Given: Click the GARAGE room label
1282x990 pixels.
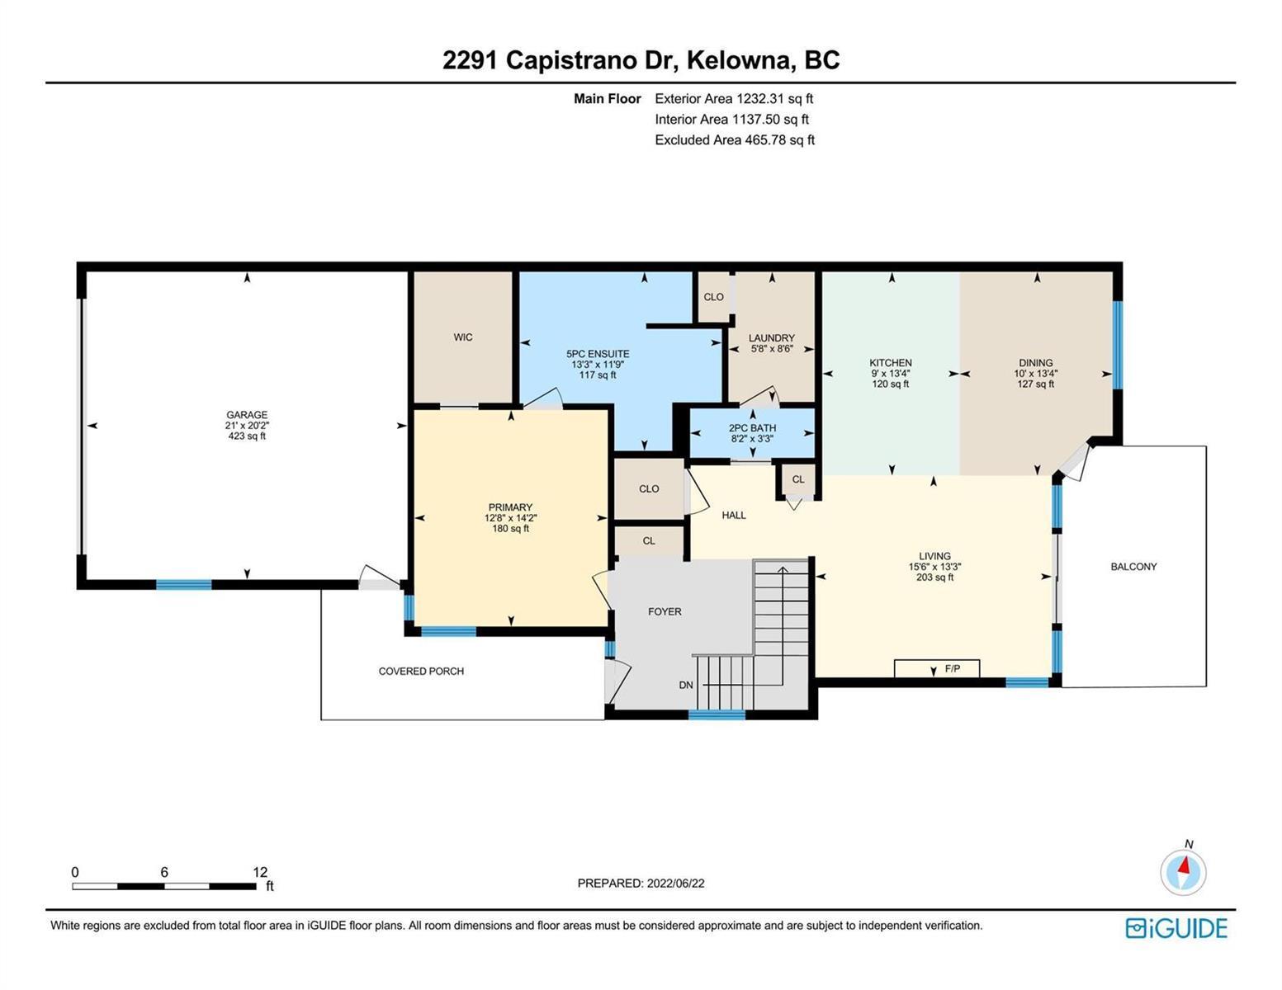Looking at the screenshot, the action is (x=247, y=414).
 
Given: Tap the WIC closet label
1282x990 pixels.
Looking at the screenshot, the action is (x=462, y=337).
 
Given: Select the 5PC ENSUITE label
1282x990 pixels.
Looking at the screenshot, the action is (x=598, y=354).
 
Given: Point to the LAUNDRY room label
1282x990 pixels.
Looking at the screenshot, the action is (x=771, y=338).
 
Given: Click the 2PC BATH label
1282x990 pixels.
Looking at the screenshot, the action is (x=752, y=428).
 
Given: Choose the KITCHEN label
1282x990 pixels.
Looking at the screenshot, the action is (x=890, y=363).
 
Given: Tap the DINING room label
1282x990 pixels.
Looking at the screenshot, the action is (x=1035, y=363).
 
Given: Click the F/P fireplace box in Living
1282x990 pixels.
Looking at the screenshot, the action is (x=937, y=668).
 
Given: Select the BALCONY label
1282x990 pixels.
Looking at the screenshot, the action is (x=1133, y=567).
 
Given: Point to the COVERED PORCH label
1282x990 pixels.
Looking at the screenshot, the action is (x=421, y=671).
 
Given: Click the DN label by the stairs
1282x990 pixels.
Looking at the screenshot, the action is (x=685, y=685).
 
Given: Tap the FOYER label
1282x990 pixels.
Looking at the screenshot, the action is (x=665, y=611).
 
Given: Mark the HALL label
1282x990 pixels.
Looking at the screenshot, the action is (x=733, y=516).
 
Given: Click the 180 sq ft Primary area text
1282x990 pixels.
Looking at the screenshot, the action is (x=510, y=529).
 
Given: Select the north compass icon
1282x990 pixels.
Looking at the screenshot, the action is (x=1183, y=871).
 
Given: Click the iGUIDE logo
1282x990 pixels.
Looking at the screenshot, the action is (x=1176, y=928).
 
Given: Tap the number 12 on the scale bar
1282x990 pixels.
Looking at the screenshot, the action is (x=260, y=872).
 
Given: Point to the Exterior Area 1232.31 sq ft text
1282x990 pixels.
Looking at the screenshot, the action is (x=734, y=98).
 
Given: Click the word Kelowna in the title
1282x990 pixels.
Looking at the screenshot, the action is (x=738, y=60).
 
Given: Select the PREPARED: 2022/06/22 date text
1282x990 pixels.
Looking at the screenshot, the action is (x=641, y=884).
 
